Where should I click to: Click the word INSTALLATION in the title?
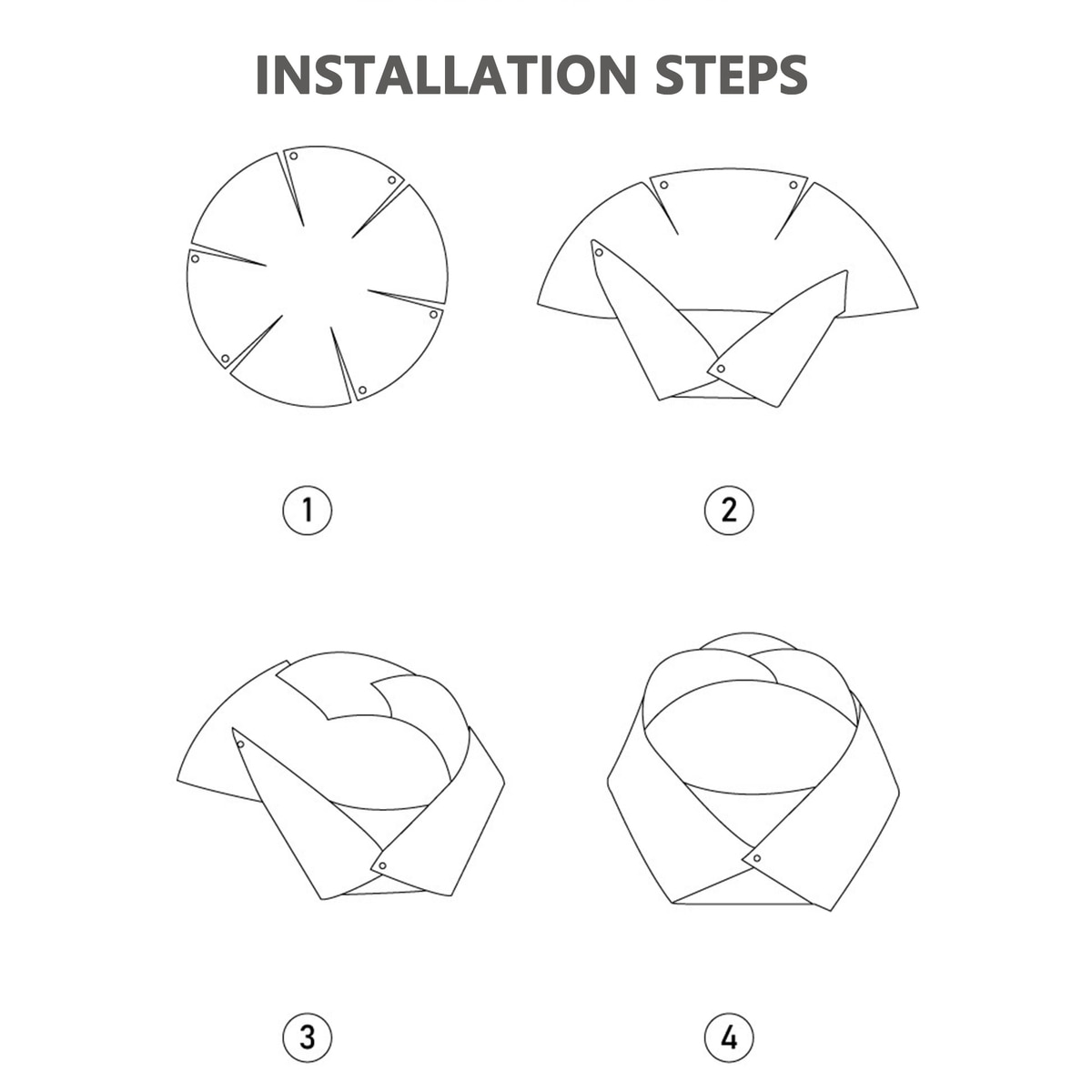point(446,75)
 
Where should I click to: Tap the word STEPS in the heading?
point(731,75)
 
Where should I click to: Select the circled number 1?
point(308,510)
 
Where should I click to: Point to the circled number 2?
point(729,510)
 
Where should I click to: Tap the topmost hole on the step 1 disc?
point(294,157)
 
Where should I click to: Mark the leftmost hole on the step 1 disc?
point(195,259)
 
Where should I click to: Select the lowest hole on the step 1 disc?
point(363,389)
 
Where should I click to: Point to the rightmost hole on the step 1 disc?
point(433,314)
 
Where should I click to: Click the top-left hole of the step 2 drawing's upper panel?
point(664,185)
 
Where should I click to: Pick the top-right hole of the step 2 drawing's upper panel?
point(794,185)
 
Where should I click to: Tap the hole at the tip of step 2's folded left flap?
point(600,253)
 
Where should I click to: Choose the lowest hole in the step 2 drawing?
point(721,369)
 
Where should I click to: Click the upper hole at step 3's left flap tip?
point(241,744)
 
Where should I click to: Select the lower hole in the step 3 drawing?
point(382,866)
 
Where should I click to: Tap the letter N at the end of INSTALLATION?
point(619,75)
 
